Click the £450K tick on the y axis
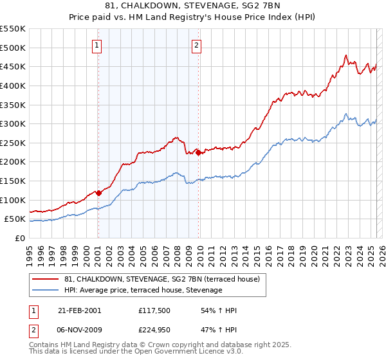[x=13, y=66]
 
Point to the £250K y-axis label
[x=13, y=143]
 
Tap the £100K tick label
[x=13, y=200]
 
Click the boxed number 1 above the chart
[x=96, y=46]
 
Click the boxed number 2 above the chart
[x=196, y=46]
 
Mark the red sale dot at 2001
[x=98, y=192]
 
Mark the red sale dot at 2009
[x=198, y=152]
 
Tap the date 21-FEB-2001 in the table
[x=79, y=310]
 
